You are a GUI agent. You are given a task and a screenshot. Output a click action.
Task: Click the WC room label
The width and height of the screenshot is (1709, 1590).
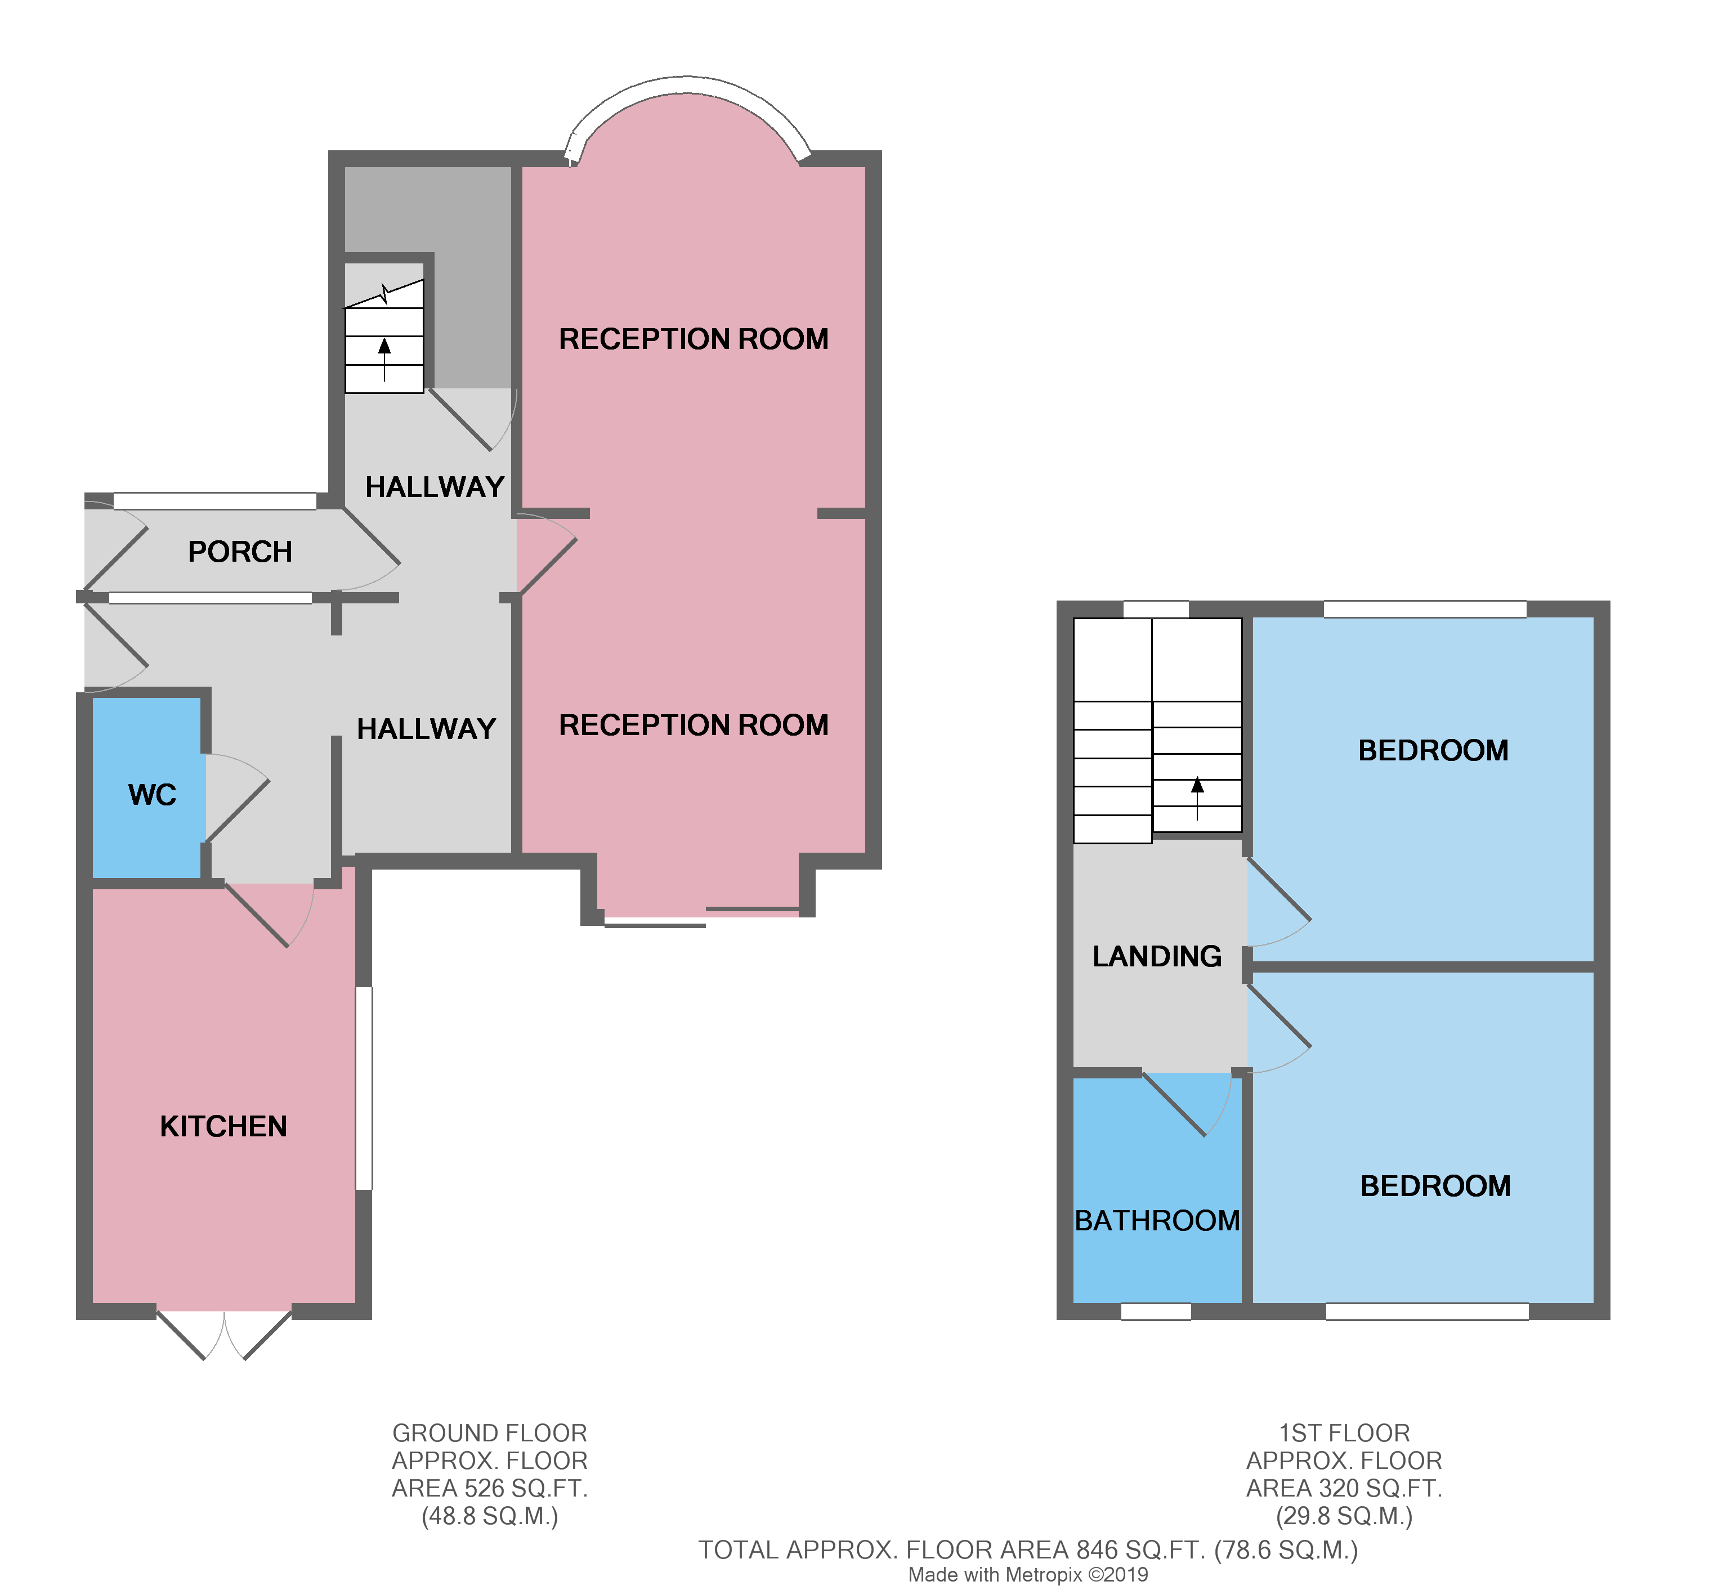(152, 795)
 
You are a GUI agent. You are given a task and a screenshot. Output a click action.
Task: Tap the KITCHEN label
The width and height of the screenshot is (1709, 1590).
(223, 1127)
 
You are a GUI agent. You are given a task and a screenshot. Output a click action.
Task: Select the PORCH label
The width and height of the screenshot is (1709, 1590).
(240, 552)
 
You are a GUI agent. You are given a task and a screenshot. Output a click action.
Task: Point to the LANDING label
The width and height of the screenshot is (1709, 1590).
(1157, 957)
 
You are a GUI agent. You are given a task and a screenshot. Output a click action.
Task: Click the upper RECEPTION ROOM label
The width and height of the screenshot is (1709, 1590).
(694, 339)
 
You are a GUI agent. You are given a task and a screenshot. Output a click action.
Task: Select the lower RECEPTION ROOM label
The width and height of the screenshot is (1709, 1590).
(694, 725)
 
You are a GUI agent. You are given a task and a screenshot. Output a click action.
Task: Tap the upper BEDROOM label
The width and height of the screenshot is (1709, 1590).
(1433, 750)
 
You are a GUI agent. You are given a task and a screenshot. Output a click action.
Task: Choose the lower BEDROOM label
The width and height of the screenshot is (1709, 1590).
(1435, 1186)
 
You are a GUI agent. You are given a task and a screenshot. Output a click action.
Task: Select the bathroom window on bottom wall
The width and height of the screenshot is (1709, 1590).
(1156, 1311)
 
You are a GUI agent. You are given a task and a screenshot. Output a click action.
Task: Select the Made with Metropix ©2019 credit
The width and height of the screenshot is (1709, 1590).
(1028, 1575)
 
